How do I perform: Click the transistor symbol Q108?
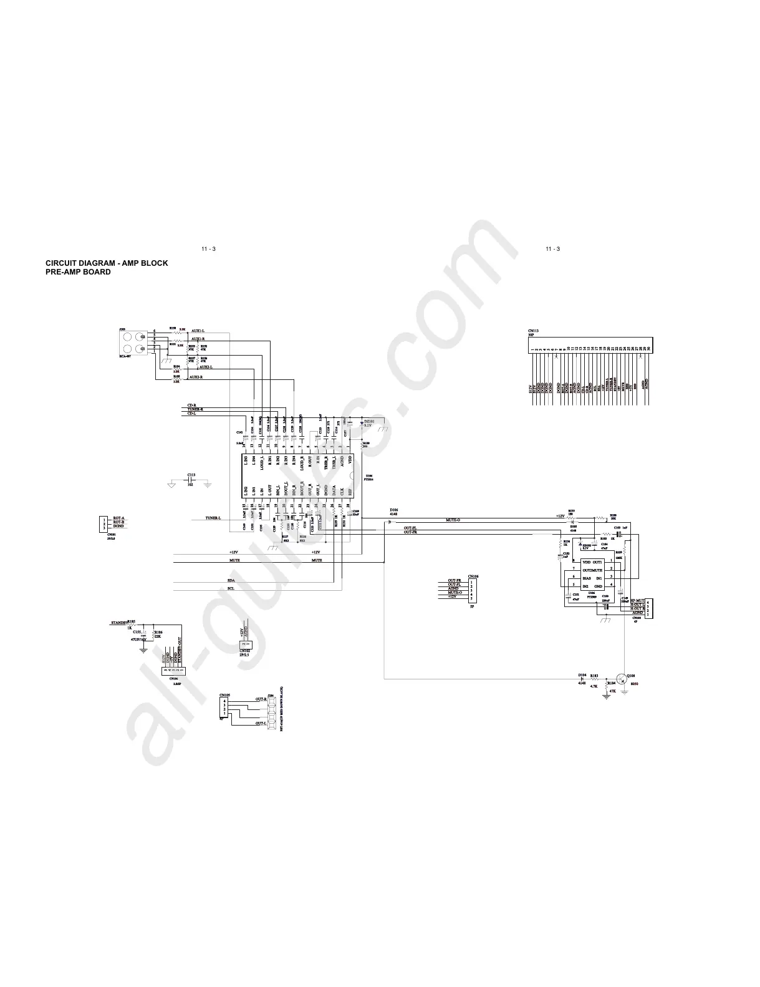tap(622, 679)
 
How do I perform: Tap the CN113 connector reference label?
tap(533, 331)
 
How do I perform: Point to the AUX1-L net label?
tap(198, 331)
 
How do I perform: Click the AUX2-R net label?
tap(196, 377)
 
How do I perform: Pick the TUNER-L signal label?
tap(213, 518)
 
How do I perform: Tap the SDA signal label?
tap(231, 581)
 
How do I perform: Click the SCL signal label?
tap(231, 588)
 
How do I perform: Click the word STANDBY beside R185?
tap(118, 623)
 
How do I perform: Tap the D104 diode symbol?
tap(582, 679)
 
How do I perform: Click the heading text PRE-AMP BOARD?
tap(78, 272)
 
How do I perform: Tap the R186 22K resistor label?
tap(158, 634)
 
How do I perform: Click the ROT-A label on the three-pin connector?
tap(118, 518)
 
